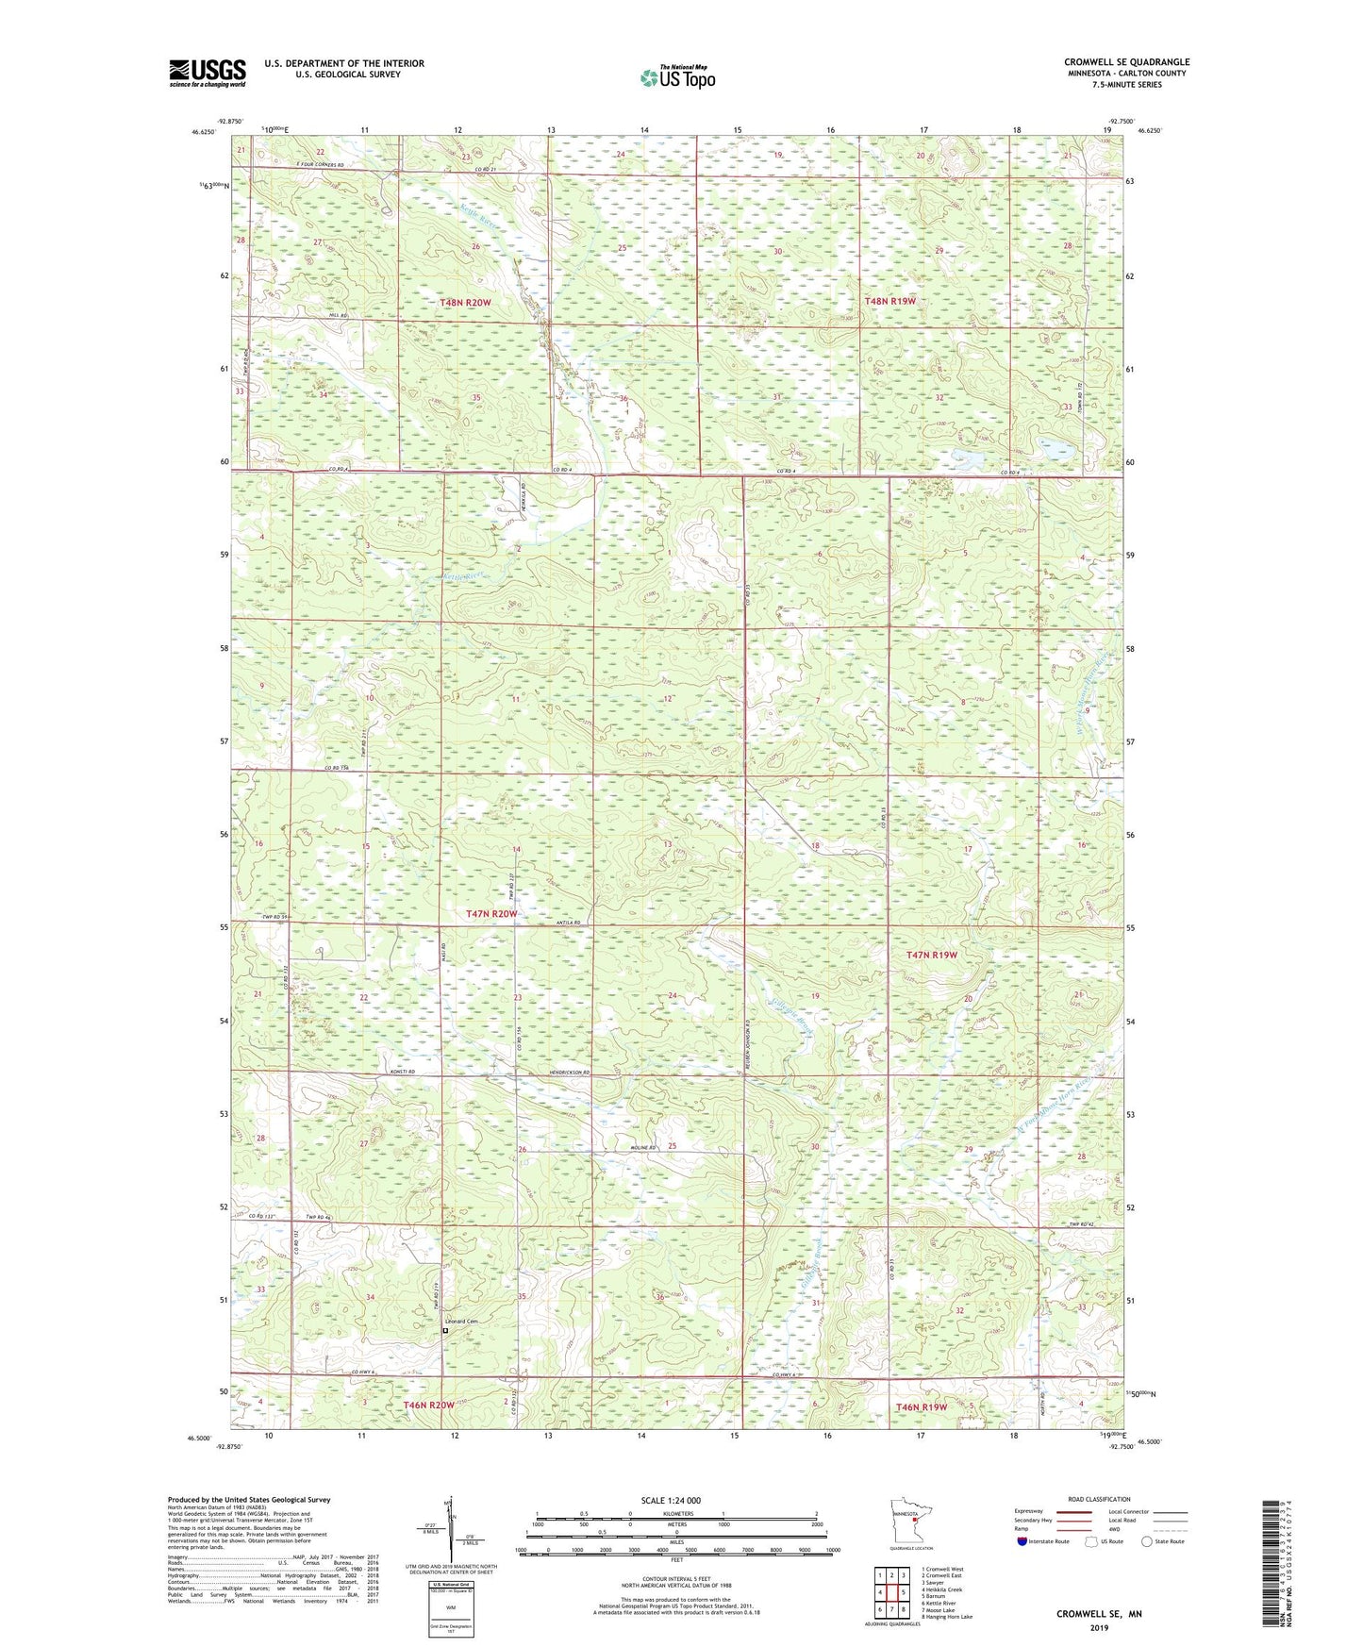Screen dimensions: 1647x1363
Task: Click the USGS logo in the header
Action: coord(207,73)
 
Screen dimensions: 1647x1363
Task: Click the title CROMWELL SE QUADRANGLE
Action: coord(1126,62)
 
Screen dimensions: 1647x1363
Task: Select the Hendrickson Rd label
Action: coord(568,1073)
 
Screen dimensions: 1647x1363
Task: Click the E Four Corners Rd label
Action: coord(292,165)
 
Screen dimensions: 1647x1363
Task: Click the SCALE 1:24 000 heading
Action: coord(671,1500)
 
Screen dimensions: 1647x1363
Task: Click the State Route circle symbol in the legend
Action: coord(1146,1540)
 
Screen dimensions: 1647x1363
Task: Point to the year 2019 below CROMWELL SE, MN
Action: coord(1098,1628)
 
